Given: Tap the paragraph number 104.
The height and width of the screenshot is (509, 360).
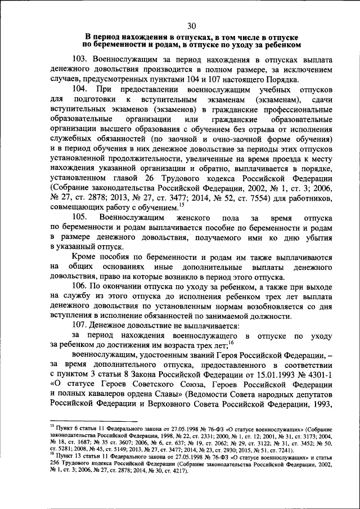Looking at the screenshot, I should pyautogui.click(x=81, y=90).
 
